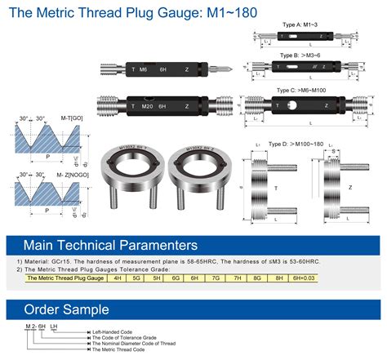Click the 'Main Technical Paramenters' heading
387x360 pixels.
110,245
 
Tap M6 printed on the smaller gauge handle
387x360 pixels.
143,69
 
